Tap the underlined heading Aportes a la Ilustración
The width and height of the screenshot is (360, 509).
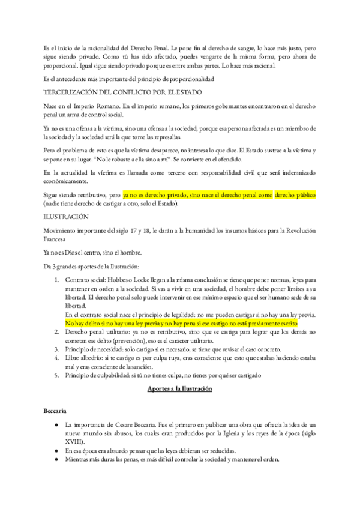tap(179, 389)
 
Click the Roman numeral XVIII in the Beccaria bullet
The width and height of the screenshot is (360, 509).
tap(74, 442)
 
